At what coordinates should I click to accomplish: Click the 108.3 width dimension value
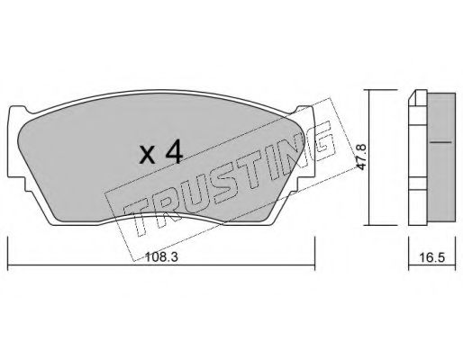(x=161, y=257)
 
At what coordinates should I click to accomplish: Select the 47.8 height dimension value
(x=360, y=157)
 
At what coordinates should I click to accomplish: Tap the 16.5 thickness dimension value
(x=431, y=257)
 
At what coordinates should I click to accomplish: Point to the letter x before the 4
(x=148, y=156)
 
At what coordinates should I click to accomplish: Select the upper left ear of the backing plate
(x=19, y=110)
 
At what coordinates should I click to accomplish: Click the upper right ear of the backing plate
(x=304, y=110)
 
